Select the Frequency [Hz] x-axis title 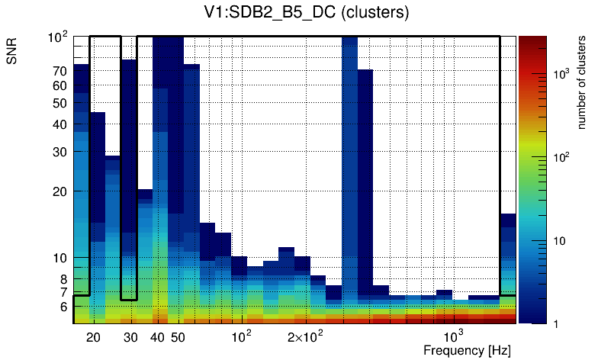(x=466, y=350)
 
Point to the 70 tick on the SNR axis (x=60, y=71)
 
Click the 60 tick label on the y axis (x=60, y=85)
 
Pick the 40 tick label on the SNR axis (x=60, y=124)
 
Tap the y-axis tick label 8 (x=63, y=279)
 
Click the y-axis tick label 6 (x=63, y=307)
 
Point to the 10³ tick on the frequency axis (x=452, y=336)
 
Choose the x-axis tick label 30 (x=130, y=337)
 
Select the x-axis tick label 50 (x=177, y=337)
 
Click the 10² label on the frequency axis (x=241, y=336)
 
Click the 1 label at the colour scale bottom (x=555, y=324)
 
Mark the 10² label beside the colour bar (x=561, y=157)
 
